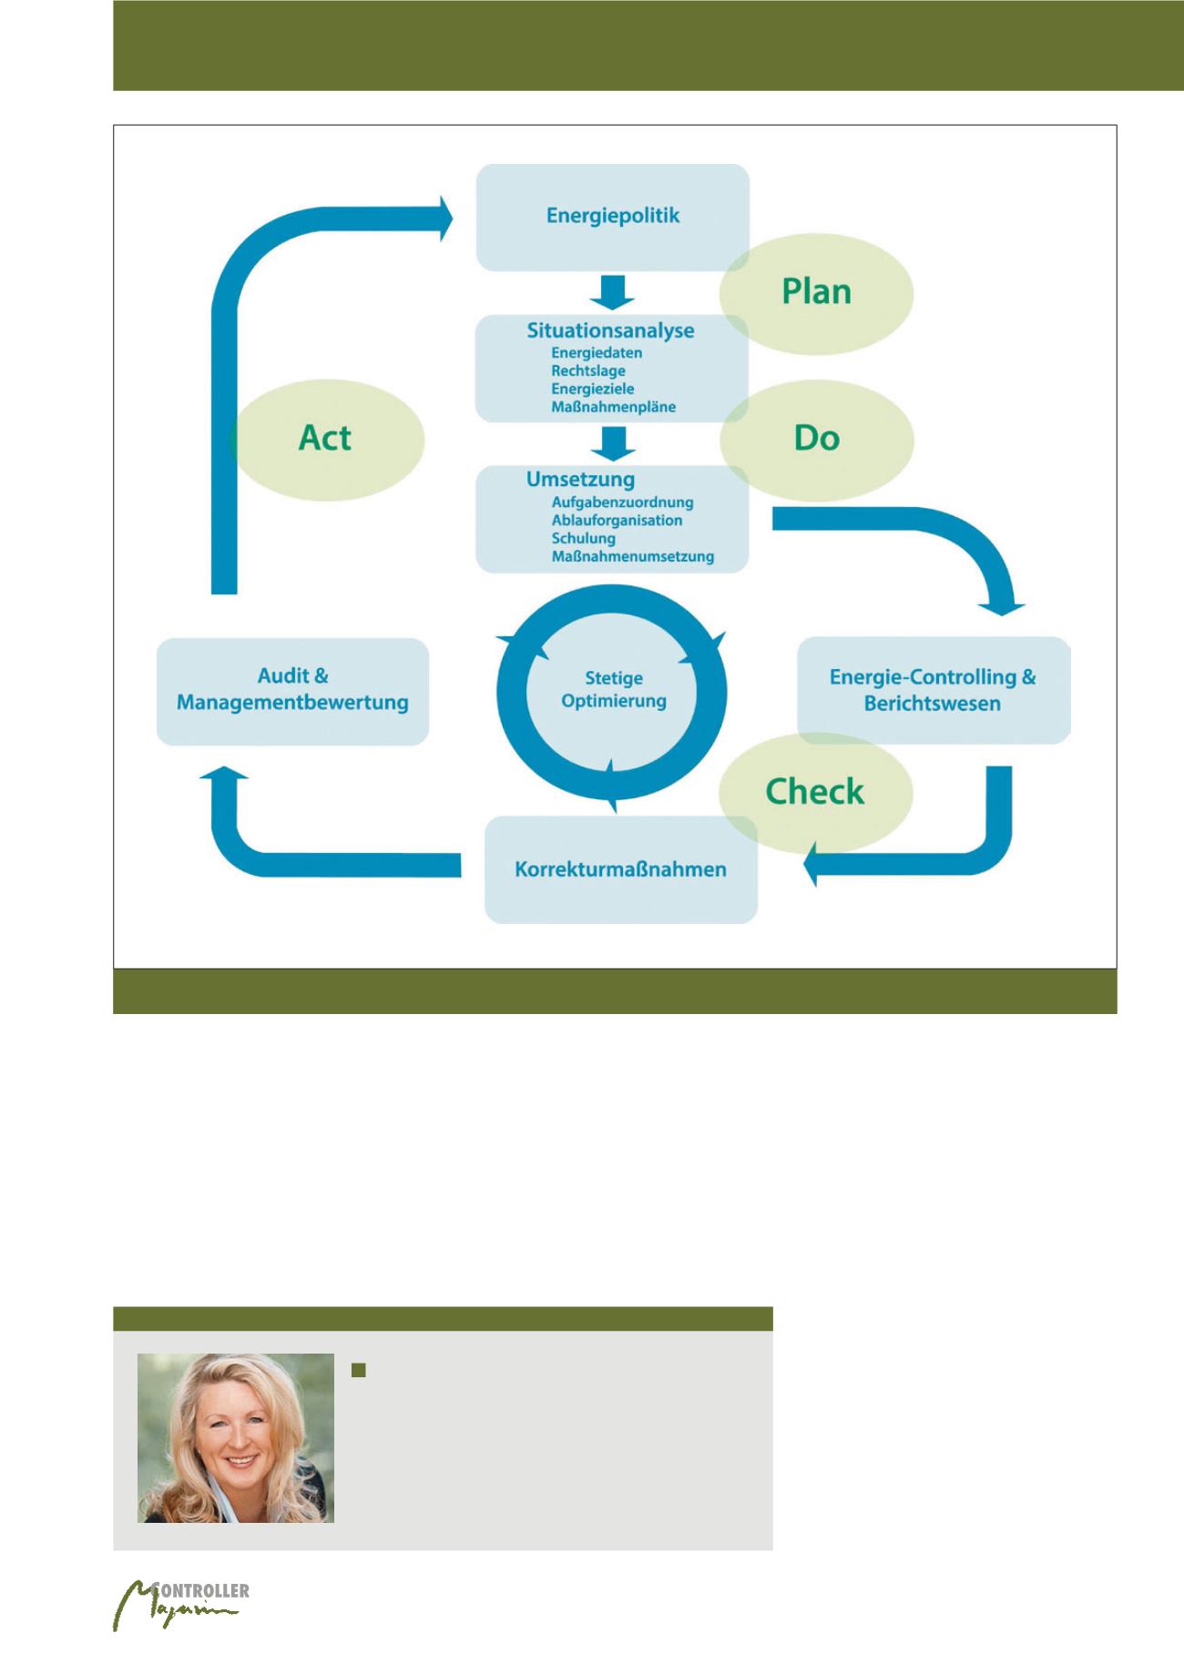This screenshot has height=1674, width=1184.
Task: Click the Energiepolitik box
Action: point(613,217)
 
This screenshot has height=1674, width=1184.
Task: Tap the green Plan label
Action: point(816,291)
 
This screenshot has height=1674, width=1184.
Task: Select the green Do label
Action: point(816,438)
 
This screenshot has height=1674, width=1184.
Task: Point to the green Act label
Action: point(325,438)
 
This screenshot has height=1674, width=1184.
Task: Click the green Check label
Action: point(814,791)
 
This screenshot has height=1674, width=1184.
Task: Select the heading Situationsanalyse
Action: point(610,330)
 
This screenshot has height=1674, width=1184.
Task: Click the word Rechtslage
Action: point(588,370)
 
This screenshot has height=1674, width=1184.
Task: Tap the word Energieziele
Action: point(593,389)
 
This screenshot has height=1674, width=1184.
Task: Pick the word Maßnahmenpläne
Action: point(614,407)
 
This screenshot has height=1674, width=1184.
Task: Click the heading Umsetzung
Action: point(581,479)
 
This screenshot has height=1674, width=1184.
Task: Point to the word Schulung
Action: point(584,538)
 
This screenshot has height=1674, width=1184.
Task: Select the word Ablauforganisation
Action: point(617,520)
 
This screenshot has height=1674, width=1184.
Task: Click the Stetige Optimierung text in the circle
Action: point(614,689)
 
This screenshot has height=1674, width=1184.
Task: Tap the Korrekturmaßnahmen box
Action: point(621,869)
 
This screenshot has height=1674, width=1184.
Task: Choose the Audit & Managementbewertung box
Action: point(292,690)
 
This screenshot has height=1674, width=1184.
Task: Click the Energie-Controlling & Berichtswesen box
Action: point(933,690)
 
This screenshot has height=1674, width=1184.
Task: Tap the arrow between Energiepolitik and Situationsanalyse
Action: point(612,291)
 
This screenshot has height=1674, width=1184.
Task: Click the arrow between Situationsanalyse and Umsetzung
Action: point(612,442)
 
